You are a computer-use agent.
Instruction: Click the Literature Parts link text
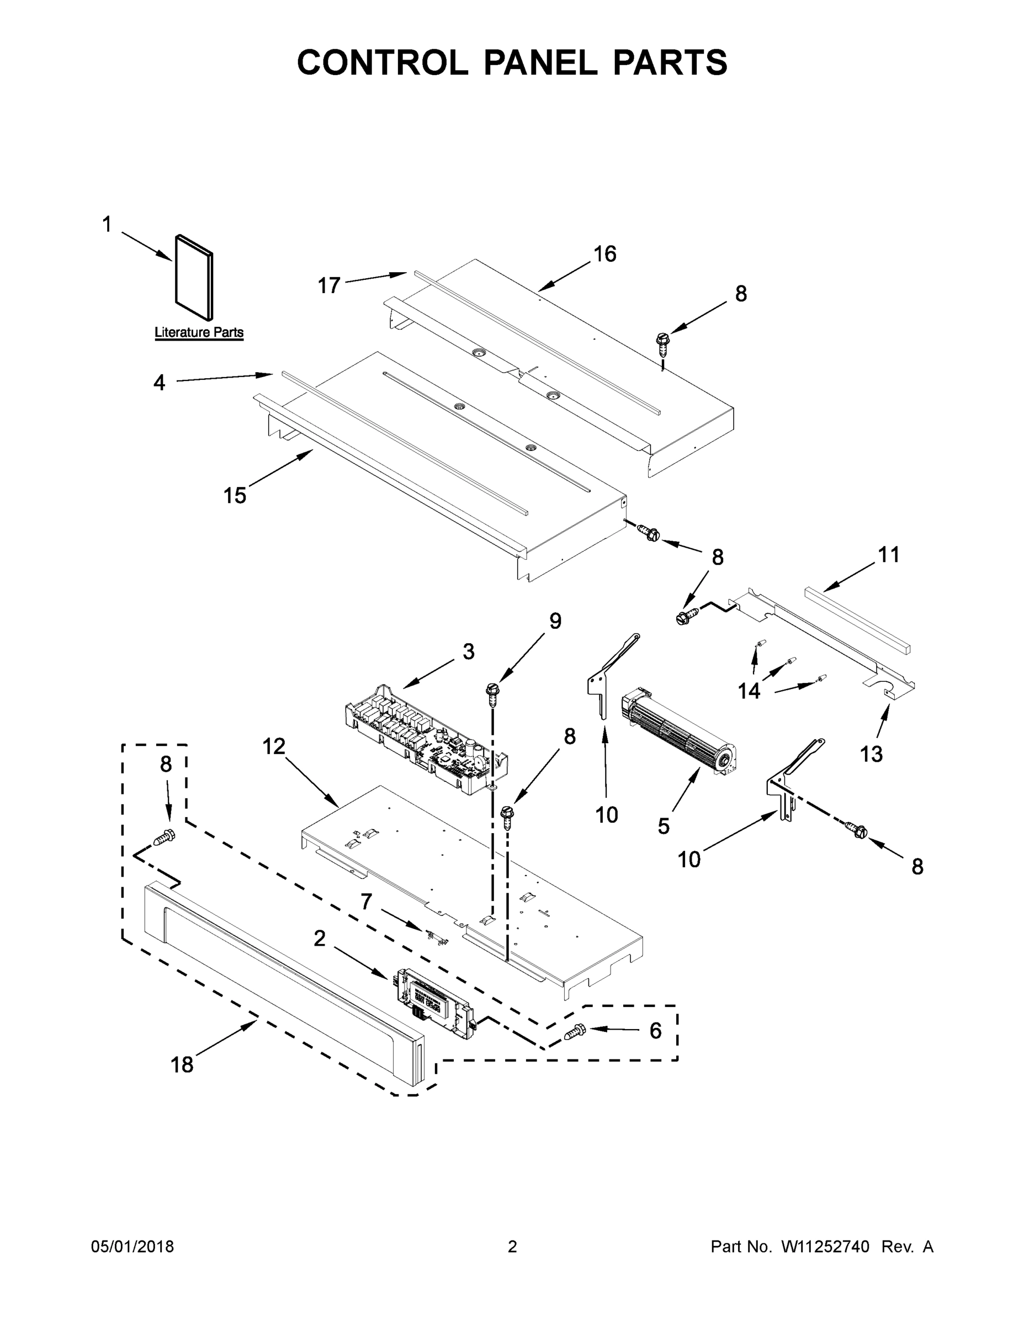click(199, 332)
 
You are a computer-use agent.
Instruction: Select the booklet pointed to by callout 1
click(194, 277)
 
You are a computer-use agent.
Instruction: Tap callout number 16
click(605, 254)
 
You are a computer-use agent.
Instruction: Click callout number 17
click(330, 285)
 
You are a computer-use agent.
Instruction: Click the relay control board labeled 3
click(425, 740)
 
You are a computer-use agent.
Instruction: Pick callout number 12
click(274, 746)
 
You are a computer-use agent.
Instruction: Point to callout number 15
click(235, 496)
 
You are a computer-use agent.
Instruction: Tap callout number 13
click(871, 754)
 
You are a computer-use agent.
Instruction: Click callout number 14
click(749, 691)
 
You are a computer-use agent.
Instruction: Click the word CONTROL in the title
click(382, 62)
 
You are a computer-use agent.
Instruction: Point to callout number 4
click(159, 382)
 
